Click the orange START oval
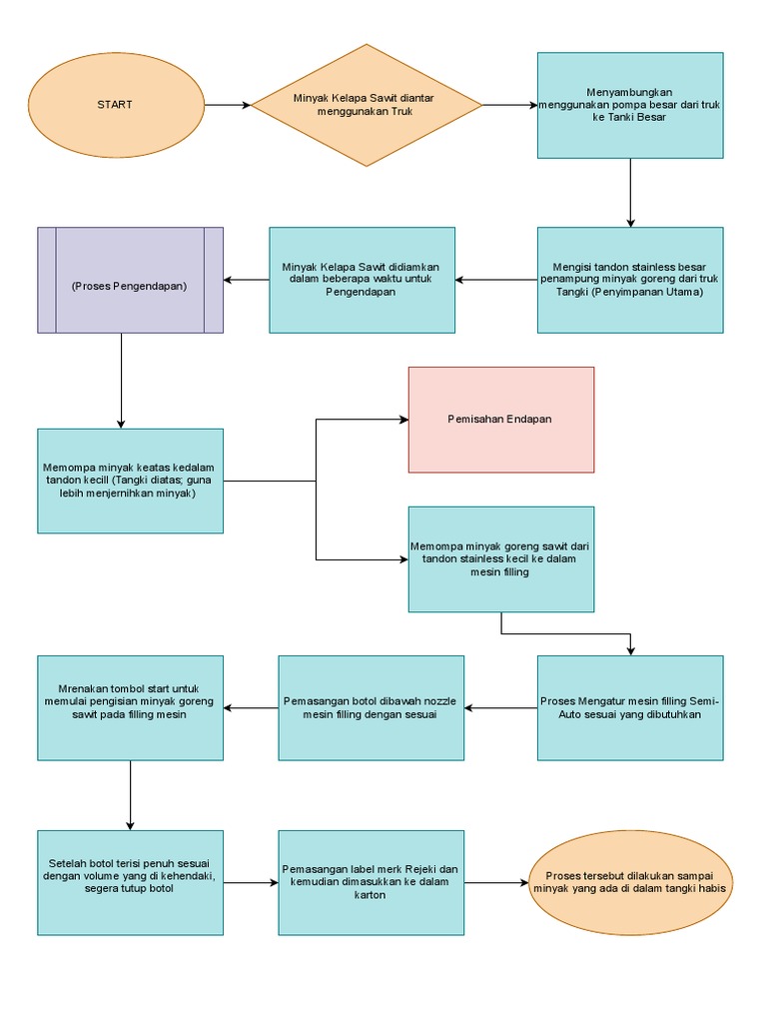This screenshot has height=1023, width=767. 114,105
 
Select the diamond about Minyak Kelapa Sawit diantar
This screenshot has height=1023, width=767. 366,105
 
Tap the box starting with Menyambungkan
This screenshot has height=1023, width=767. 630,105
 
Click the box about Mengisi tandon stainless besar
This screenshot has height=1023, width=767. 630,280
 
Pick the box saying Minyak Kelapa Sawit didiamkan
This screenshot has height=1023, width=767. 362,280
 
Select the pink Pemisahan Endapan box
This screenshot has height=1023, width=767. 500,419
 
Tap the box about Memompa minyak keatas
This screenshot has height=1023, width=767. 130,481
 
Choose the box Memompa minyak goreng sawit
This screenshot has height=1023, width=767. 500,559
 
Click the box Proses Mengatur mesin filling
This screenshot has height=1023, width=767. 630,707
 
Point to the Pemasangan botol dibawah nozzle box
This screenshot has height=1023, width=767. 371,707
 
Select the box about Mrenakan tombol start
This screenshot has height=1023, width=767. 130,707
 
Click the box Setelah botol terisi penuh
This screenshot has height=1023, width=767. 130,882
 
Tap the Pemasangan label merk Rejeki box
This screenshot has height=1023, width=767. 371,882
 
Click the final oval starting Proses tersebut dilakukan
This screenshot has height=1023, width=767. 630,882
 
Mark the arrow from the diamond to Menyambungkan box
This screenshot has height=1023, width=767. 509,105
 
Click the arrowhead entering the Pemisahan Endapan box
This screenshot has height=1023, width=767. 401,420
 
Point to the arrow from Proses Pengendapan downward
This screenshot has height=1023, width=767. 121,380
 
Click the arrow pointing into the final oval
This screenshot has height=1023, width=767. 496,883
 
